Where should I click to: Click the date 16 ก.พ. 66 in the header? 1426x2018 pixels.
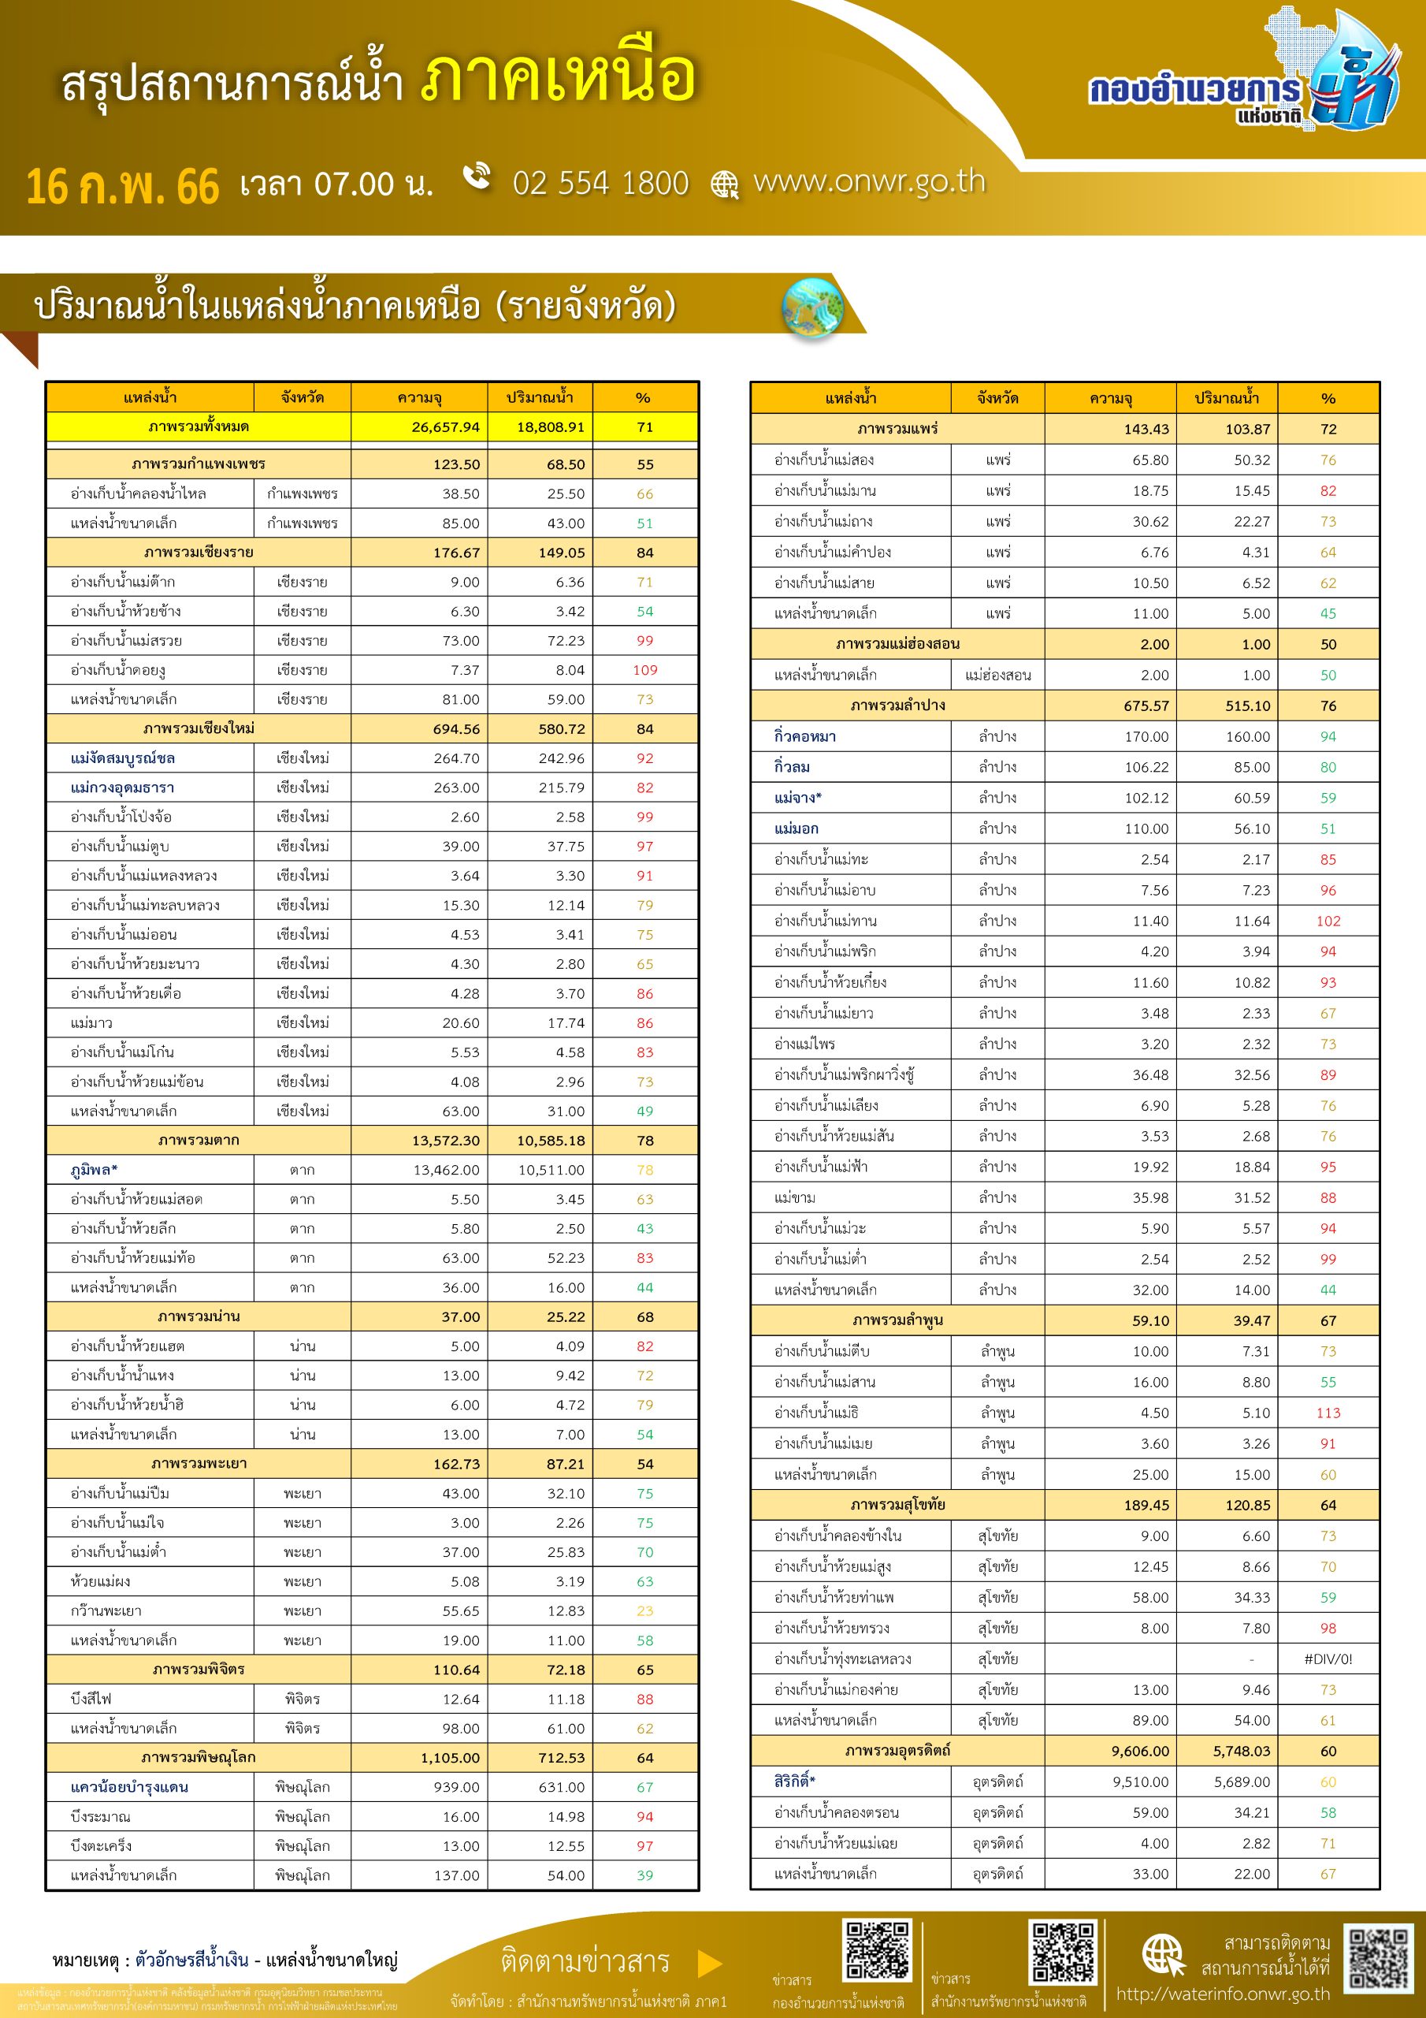(122, 186)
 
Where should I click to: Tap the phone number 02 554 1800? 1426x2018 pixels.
(600, 183)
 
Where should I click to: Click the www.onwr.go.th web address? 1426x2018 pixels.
(869, 181)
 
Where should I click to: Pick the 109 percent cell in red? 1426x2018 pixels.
(645, 670)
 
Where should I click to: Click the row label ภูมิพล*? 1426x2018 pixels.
(94, 1170)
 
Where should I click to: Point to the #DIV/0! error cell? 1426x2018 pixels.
(1328, 1659)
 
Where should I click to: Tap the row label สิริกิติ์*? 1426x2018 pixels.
(794, 1781)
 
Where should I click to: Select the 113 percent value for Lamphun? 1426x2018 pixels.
(1328, 1413)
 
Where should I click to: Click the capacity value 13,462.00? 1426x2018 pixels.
(447, 1170)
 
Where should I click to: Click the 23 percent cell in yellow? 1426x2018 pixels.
(645, 1611)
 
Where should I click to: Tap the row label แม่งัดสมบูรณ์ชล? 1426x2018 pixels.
(123, 758)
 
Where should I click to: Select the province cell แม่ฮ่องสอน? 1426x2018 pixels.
(997, 675)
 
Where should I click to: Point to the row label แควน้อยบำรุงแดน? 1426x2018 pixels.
(129, 1787)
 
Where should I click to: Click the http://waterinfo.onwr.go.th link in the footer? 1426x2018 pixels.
(1223, 1994)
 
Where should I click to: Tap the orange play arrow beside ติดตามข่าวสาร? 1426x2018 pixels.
(709, 1963)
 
